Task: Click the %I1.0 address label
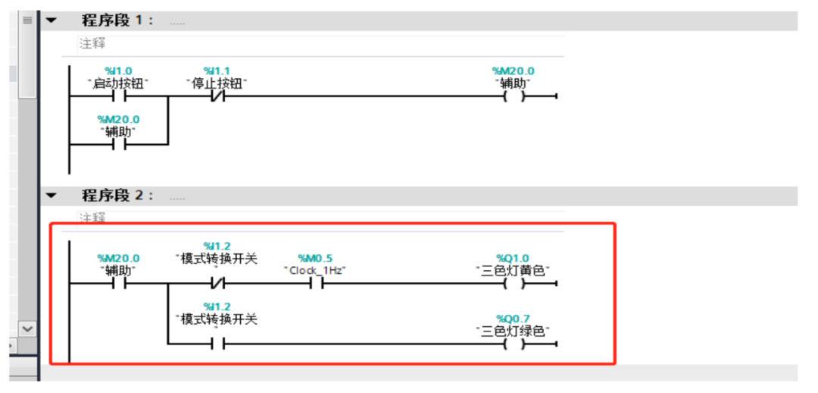(x=118, y=71)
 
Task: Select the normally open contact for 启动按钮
(x=118, y=97)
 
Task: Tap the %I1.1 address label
(x=217, y=71)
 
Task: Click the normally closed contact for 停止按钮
(x=217, y=97)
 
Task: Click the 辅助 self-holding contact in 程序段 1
(x=118, y=143)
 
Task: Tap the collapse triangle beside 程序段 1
(x=52, y=20)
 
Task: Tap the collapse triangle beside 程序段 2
(x=52, y=196)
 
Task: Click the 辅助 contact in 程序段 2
(x=118, y=285)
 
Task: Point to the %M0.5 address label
(x=314, y=258)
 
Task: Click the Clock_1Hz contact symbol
(x=315, y=285)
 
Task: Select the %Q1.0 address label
(x=513, y=258)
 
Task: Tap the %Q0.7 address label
(x=513, y=319)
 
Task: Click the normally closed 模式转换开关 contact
(x=217, y=285)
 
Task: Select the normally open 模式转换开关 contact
(x=217, y=344)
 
